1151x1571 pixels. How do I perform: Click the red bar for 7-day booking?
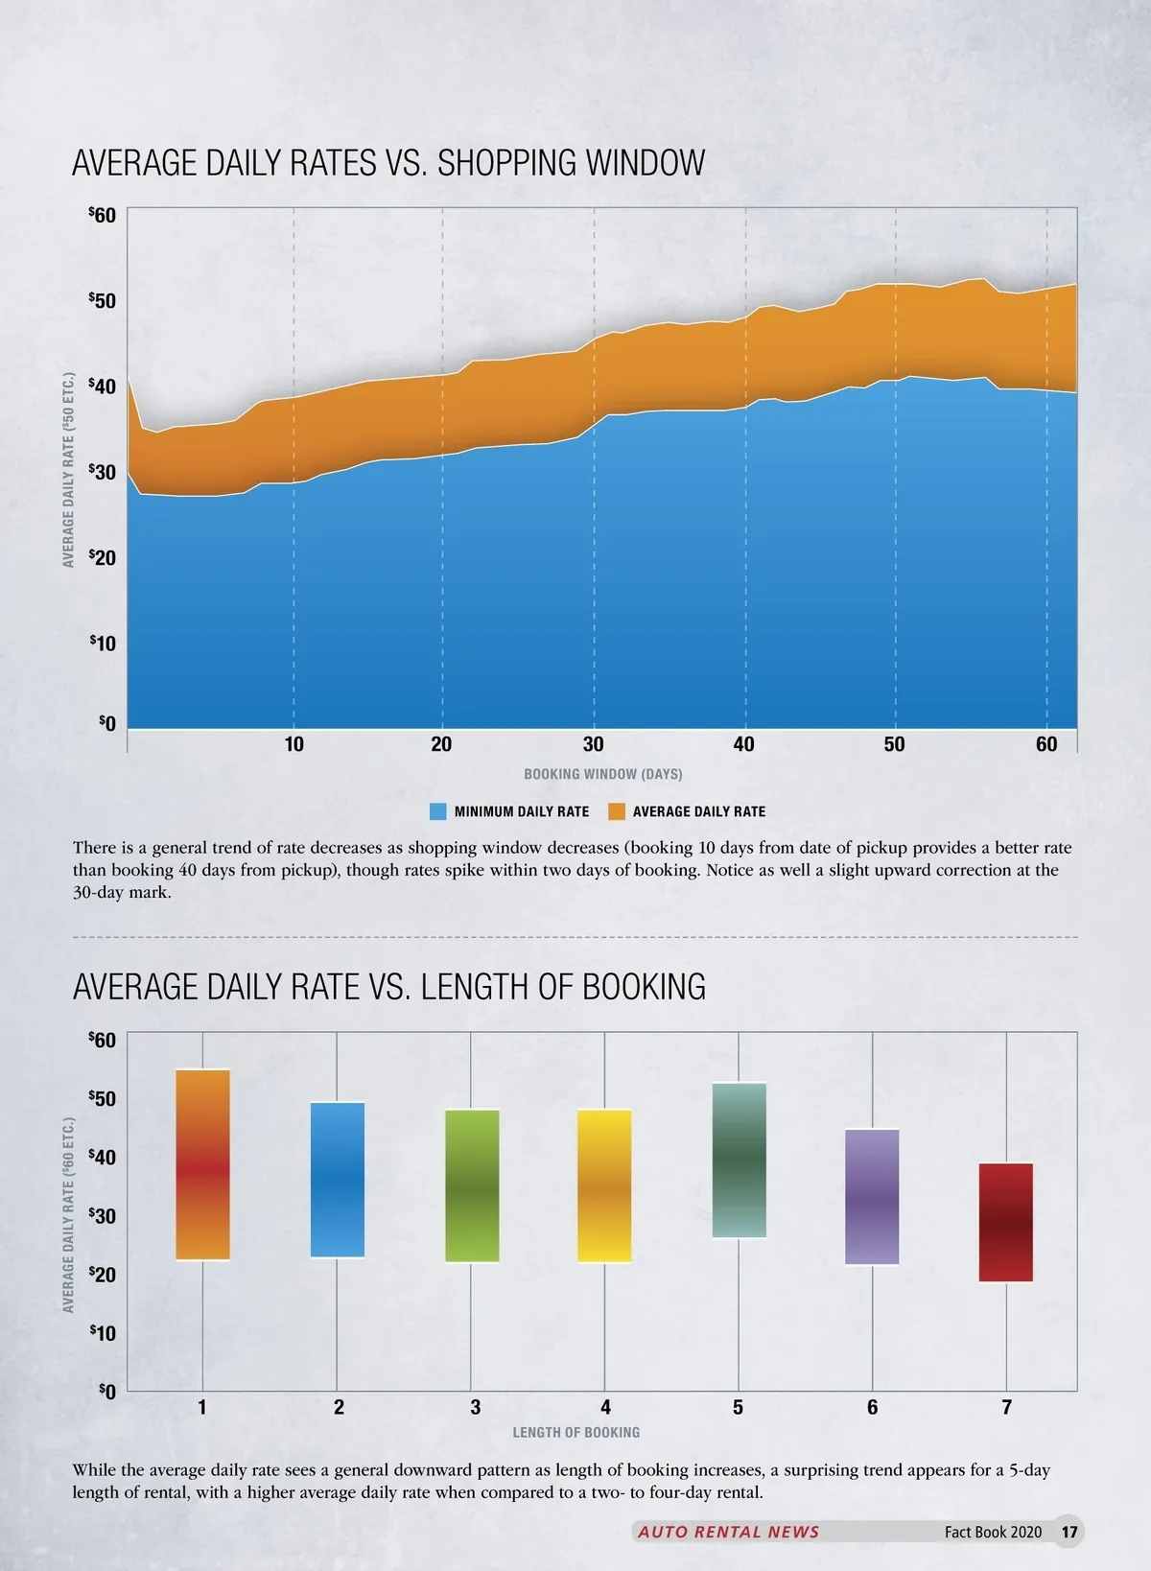pyautogui.click(x=1006, y=1222)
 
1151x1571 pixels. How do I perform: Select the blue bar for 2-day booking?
pyautogui.click(x=338, y=1179)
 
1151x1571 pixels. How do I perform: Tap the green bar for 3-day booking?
pyautogui.click(x=472, y=1185)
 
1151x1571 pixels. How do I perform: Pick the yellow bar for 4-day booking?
pyautogui.click(x=604, y=1185)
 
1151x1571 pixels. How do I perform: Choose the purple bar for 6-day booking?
pyautogui.click(x=872, y=1196)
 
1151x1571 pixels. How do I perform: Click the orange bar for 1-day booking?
pyautogui.click(x=203, y=1163)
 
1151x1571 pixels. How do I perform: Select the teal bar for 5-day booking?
pyautogui.click(x=739, y=1160)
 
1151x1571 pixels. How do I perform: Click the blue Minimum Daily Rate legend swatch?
pyautogui.click(x=437, y=811)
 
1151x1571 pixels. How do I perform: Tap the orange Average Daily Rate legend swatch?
pyautogui.click(x=617, y=811)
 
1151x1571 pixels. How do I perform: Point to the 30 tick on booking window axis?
pyautogui.click(x=594, y=744)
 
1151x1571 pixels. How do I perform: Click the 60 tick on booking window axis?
pyautogui.click(x=1046, y=744)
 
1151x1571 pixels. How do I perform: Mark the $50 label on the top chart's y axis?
pyautogui.click(x=103, y=301)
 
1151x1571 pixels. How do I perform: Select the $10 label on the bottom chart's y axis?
pyautogui.click(x=103, y=1333)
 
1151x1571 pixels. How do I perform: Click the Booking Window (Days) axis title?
pyautogui.click(x=602, y=774)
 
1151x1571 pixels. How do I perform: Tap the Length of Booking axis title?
pyautogui.click(x=575, y=1432)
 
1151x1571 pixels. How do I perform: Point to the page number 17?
pyautogui.click(x=1069, y=1532)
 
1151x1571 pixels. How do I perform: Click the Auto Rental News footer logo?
pyautogui.click(x=728, y=1532)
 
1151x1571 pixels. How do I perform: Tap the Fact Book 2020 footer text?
pyautogui.click(x=993, y=1532)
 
